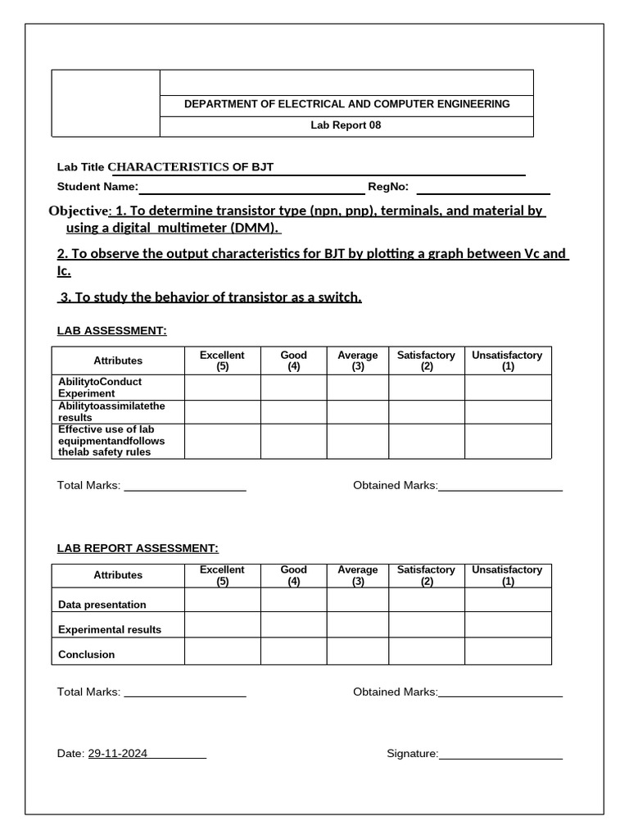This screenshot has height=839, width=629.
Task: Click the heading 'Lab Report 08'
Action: click(x=346, y=125)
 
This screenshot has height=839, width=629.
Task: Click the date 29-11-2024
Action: click(x=118, y=754)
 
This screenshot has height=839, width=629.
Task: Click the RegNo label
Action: click(x=388, y=187)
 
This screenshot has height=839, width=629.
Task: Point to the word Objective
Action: click(x=78, y=211)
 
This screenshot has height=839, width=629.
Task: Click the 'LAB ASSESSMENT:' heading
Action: click(x=111, y=330)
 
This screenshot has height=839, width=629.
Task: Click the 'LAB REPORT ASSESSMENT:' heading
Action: click(x=138, y=548)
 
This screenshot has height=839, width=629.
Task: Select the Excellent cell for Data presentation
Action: click(x=222, y=601)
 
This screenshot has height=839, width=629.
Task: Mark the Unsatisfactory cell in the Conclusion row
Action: click(x=508, y=651)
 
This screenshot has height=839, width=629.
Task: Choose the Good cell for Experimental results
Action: click(x=293, y=625)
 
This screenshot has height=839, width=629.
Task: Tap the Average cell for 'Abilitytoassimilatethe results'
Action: click(x=358, y=412)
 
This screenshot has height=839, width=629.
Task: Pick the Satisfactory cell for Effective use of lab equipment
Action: click(x=426, y=441)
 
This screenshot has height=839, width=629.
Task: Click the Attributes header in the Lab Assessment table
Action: click(x=118, y=361)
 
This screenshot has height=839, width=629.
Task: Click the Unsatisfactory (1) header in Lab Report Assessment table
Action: click(x=508, y=575)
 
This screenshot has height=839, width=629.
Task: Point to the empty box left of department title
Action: click(x=106, y=103)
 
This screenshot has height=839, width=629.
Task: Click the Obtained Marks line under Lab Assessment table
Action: click(x=500, y=489)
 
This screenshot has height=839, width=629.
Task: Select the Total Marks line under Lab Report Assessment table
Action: click(x=184, y=696)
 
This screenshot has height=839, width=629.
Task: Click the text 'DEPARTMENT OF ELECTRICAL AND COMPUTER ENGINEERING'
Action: click(x=346, y=104)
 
